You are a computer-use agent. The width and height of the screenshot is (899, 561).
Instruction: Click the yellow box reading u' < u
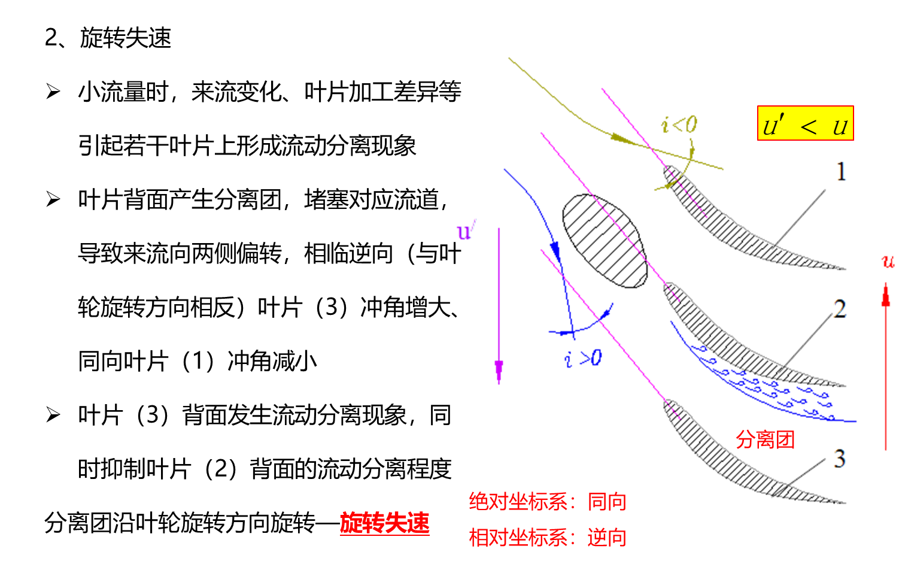click(805, 124)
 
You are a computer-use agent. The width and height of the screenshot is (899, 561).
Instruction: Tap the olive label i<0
click(679, 125)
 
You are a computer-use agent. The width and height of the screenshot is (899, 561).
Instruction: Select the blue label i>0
click(584, 358)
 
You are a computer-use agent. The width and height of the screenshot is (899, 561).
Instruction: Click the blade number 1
click(841, 172)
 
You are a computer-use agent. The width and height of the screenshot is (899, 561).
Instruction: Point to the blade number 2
click(840, 309)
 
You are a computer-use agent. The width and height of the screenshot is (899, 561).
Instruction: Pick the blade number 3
click(840, 459)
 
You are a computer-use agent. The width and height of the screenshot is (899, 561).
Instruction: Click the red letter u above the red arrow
click(888, 261)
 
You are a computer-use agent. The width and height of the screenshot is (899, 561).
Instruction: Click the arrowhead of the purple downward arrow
click(499, 371)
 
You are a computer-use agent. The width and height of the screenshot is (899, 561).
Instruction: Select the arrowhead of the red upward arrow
click(886, 295)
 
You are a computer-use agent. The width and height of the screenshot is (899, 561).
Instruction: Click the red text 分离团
click(765, 439)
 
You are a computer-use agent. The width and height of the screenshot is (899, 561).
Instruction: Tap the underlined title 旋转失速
click(384, 523)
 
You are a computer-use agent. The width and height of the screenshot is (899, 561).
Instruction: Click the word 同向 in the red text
click(607, 502)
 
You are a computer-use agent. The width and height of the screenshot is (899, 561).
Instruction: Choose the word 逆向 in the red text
click(607, 538)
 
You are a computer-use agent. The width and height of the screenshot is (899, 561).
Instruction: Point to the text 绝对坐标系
click(518, 502)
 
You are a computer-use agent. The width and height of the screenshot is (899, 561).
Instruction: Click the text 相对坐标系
click(518, 538)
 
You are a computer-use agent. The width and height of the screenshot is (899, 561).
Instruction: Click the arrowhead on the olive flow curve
click(618, 138)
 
